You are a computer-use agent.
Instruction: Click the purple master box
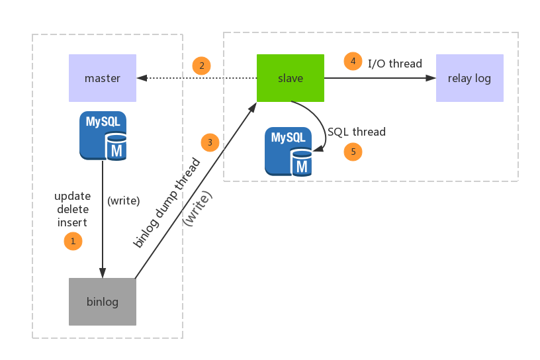103,78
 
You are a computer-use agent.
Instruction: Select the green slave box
291,78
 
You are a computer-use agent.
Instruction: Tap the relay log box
470,78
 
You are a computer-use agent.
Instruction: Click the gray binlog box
103,302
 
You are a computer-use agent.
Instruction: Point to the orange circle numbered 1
73,241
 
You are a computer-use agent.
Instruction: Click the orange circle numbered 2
202,66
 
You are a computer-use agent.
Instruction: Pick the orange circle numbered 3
210,142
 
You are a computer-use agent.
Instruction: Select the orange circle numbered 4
353,62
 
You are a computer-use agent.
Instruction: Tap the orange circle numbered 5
353,152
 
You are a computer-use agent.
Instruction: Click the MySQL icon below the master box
103,136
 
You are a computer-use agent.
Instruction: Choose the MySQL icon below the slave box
289,152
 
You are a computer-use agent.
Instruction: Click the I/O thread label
395,64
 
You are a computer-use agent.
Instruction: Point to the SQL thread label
357,132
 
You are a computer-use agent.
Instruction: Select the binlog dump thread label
167,202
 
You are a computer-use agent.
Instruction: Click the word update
73,197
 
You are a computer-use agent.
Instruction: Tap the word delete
73,209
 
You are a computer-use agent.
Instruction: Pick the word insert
72,222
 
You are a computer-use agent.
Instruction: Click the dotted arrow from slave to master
197,78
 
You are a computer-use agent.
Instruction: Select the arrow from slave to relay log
381,78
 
